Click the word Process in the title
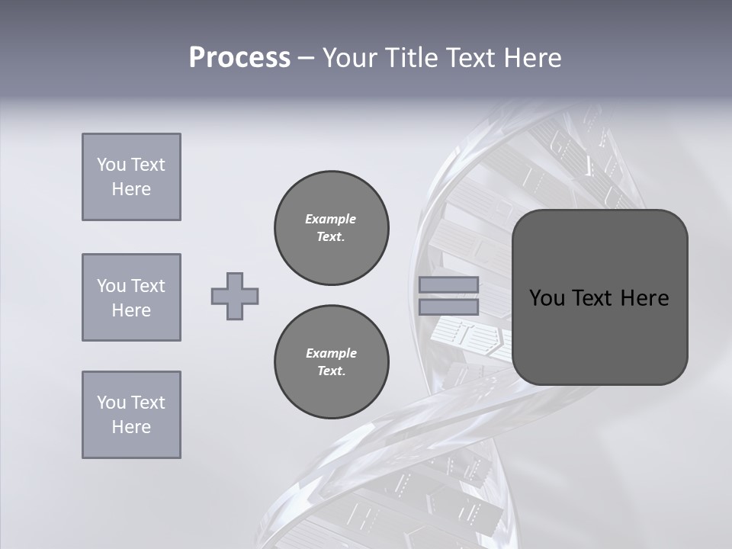point(239,58)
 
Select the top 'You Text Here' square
point(131,177)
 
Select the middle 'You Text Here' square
point(131,297)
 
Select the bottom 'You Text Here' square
point(131,415)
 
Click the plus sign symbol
point(235,296)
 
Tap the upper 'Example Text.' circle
point(332,228)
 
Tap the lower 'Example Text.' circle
point(332,362)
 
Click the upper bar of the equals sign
point(448,284)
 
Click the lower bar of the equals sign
point(448,307)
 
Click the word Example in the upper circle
point(331,219)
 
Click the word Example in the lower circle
point(331,353)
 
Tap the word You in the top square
point(111,165)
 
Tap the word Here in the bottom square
point(131,427)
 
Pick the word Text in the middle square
point(147,286)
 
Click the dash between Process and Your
point(306,58)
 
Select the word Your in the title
point(349,58)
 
